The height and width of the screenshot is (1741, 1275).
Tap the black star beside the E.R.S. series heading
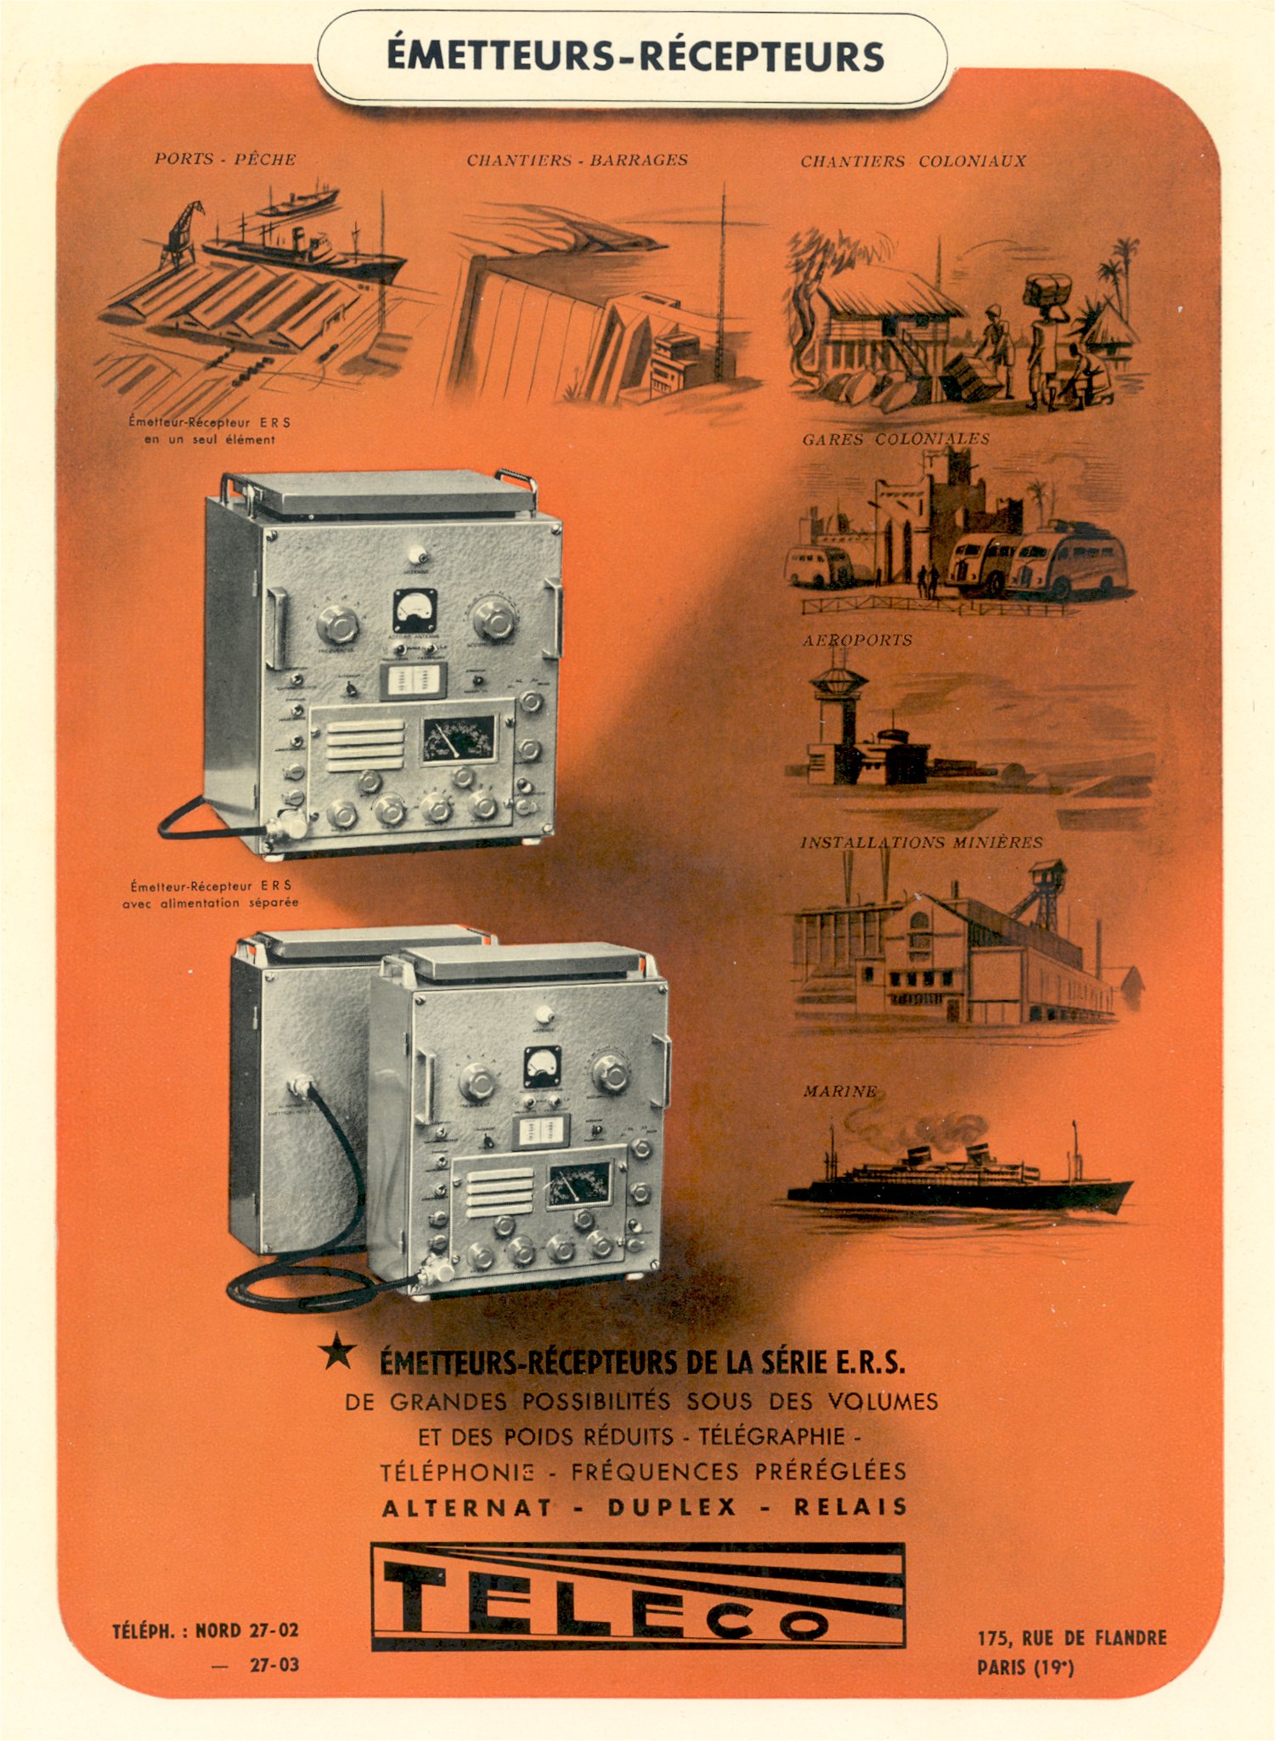338,1351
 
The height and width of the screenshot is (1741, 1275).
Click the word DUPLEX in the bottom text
672,1507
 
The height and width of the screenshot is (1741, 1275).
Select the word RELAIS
850,1507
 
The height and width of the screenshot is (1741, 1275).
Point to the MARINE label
839,1091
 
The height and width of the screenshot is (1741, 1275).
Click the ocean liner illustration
960,1177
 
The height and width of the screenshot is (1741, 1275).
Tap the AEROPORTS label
857,641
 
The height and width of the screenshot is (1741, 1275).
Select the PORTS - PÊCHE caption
225,159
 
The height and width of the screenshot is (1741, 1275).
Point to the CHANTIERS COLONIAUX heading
913,161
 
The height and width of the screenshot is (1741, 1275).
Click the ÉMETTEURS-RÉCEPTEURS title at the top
635,56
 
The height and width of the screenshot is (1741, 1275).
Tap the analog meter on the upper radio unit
415,609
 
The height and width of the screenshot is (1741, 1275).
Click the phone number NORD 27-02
246,1631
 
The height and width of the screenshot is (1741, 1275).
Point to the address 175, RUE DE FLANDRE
1072,1637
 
